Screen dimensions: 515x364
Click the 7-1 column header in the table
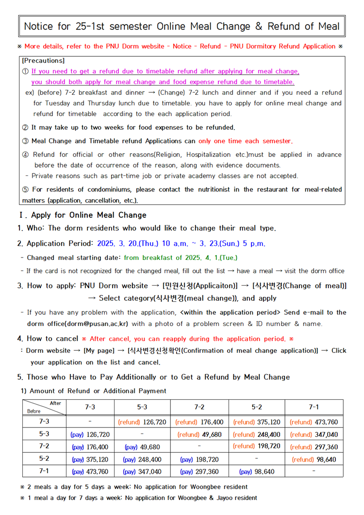click(314, 407)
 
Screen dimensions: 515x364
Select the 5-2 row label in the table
click(44, 458)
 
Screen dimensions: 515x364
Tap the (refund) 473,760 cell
click(314, 422)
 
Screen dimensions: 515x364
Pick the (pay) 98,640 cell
click(257, 471)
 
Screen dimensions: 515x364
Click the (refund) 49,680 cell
click(199, 434)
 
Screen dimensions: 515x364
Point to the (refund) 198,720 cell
click(257, 446)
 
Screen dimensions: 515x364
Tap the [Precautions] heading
click(43, 61)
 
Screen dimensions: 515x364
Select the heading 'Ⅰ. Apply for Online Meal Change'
click(82, 215)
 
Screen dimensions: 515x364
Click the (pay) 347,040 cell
click(142, 471)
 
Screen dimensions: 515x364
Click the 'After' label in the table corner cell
click(55, 403)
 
